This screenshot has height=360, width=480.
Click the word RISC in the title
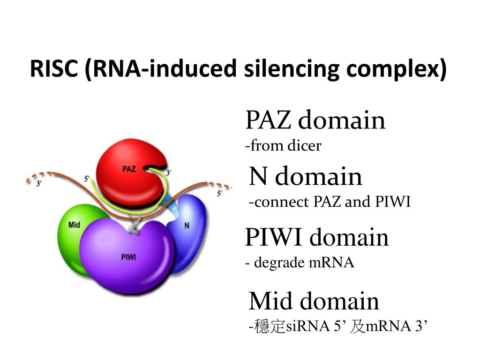[54, 68]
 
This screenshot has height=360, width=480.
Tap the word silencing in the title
[292, 69]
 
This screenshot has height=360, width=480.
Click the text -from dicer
[283, 145]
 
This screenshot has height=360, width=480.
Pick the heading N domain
[306, 176]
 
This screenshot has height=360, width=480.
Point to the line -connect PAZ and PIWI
[330, 202]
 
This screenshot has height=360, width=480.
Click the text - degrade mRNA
[300, 262]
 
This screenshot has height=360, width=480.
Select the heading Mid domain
[314, 301]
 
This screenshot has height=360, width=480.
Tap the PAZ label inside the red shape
[129, 169]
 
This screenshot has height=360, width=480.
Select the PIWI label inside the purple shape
[128, 257]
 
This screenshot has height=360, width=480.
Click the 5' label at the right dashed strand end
[219, 194]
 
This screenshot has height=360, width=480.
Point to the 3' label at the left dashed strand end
[39, 184]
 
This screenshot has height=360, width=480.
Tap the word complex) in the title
[396, 69]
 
